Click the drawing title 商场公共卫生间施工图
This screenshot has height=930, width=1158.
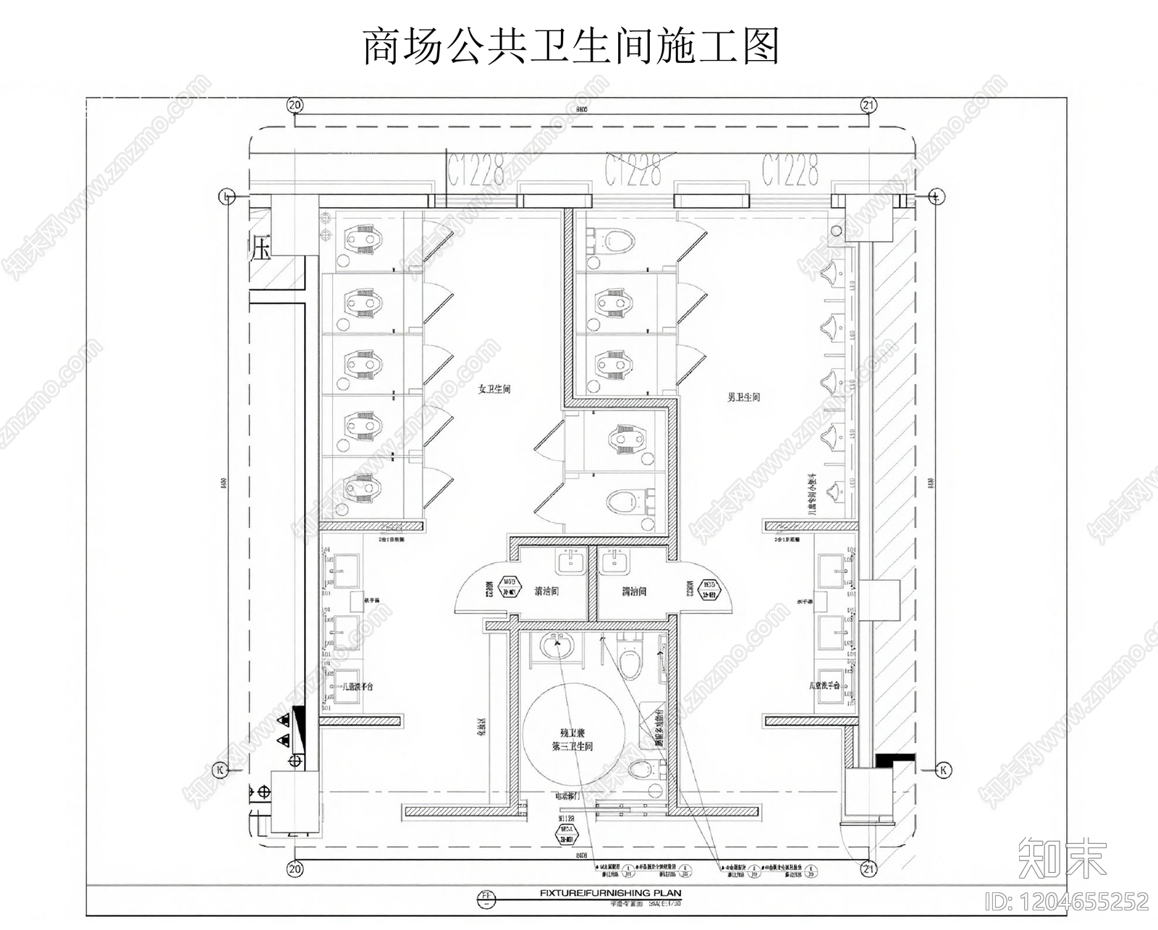point(570,46)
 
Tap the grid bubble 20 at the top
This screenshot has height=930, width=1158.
point(295,105)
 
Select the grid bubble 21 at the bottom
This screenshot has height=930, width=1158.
point(869,868)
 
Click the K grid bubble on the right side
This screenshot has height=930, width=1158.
point(944,770)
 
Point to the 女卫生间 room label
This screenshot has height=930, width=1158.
point(494,389)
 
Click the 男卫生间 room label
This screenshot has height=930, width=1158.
point(743,397)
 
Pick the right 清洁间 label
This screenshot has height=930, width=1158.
point(633,591)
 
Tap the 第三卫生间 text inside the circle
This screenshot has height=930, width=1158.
point(572,746)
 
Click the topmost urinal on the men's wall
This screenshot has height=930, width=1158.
point(833,272)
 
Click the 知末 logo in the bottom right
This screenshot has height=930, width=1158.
point(1062,859)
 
